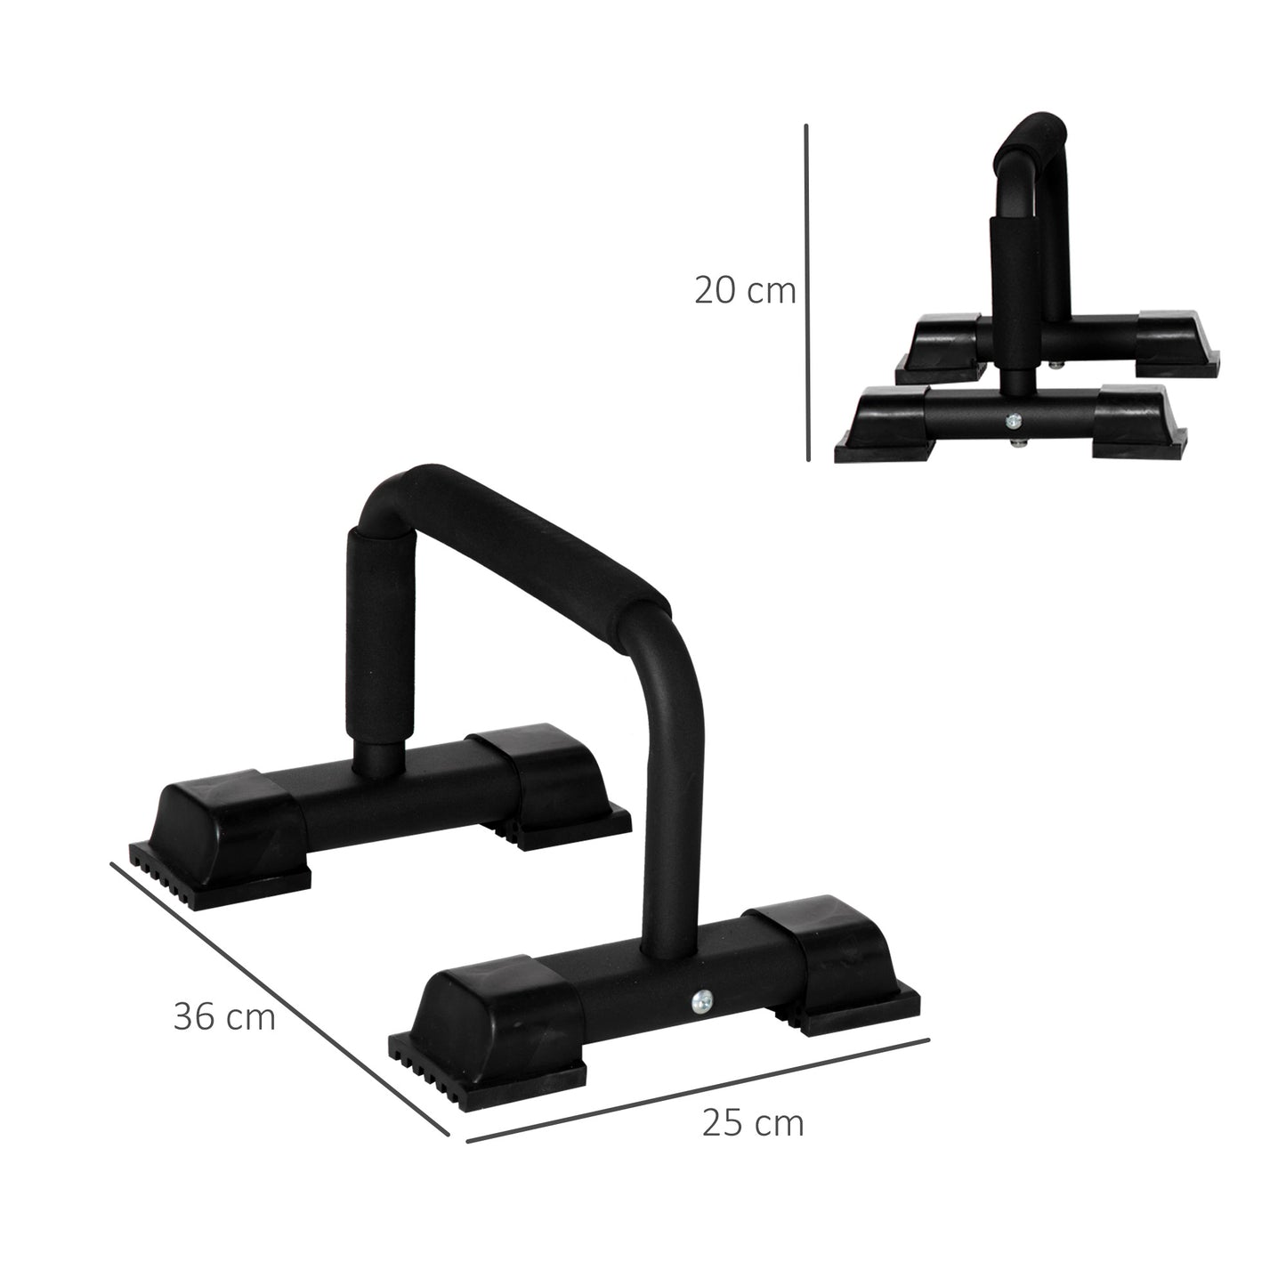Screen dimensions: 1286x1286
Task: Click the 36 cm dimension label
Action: [x=224, y=1016]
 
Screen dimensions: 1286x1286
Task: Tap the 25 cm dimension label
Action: [x=752, y=1123]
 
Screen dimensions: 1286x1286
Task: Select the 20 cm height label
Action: [x=744, y=291]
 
